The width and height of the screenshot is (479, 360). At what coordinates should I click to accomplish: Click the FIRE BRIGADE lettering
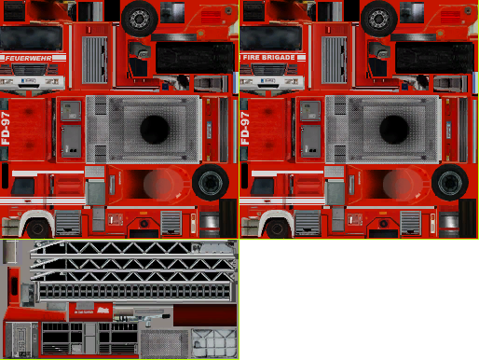269,58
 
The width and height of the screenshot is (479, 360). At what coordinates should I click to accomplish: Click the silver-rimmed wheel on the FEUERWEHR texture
140,17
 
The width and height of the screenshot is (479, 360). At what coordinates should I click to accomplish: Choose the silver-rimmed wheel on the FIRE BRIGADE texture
379,17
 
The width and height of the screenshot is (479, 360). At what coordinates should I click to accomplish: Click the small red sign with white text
105,311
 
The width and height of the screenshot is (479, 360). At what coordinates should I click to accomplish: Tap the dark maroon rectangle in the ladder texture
204,316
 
